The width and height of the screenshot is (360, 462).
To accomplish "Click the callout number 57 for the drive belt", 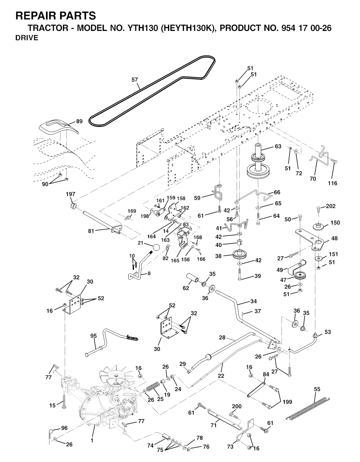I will tap(135, 80).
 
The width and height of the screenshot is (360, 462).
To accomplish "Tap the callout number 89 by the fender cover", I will tap(79, 122).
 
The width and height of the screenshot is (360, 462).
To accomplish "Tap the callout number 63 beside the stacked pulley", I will tap(278, 146).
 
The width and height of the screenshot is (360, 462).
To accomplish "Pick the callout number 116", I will tap(332, 183).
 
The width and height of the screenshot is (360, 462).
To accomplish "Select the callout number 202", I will tap(331, 206).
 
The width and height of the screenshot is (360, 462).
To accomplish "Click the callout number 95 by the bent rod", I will tap(93, 336).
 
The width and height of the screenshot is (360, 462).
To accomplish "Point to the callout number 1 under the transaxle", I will tap(92, 440).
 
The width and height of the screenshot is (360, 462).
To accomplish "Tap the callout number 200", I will tap(237, 406).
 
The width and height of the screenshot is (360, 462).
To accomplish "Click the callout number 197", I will tap(70, 194).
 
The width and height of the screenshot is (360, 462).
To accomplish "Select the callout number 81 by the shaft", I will tap(91, 231).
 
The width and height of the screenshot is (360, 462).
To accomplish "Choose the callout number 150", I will tap(335, 223).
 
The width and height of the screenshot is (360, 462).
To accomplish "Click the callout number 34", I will tap(253, 301).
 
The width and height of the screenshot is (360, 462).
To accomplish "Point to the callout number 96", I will tap(64, 428).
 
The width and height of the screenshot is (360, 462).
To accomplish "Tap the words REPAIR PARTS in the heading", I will tap(56, 16).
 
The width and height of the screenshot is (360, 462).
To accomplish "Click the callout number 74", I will tap(150, 445).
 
